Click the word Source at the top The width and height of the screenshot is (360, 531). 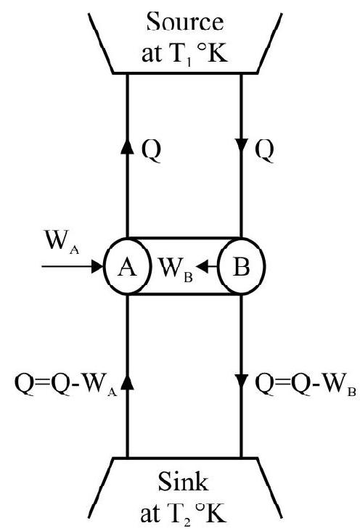click(185, 22)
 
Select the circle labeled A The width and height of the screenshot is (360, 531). click(127, 266)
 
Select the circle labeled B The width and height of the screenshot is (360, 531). click(242, 266)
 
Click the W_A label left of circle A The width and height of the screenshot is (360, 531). click(62, 242)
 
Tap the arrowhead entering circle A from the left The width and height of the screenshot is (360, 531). click(97, 266)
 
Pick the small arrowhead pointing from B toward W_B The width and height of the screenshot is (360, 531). click(202, 266)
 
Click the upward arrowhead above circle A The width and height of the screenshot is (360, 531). click(127, 147)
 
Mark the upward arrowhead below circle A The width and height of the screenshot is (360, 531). click(127, 382)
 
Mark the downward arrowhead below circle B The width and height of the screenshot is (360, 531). click(241, 382)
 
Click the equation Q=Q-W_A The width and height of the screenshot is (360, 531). click(66, 386)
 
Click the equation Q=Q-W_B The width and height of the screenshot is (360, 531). click(305, 386)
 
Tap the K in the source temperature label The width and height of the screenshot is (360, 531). click(217, 54)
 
